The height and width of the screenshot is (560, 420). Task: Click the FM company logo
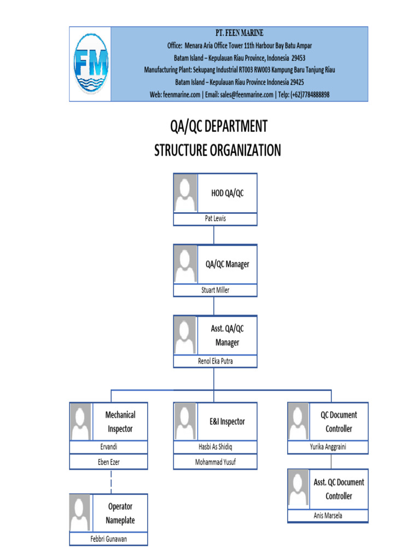coord(91,64)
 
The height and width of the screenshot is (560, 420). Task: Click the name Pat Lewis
coord(215,219)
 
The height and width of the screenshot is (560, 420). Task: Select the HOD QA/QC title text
coord(227,193)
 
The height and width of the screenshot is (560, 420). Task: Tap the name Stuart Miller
coord(215,290)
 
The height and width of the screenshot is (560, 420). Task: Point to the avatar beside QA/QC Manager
coord(185,264)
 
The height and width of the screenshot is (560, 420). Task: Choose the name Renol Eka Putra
coord(215,361)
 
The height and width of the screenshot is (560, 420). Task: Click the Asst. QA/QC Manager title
coord(227,336)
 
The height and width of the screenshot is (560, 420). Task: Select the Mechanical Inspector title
coord(120,422)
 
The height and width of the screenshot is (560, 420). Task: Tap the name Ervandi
coord(108,447)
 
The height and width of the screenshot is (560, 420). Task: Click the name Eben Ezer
coord(108,462)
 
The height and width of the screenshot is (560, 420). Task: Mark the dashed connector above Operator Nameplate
coord(111,481)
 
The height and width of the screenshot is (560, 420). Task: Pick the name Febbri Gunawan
coord(108,539)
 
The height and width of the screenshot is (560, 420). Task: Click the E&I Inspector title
coord(227,422)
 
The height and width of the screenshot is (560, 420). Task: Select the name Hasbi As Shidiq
coord(215,447)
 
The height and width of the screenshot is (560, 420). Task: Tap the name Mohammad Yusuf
coord(215,462)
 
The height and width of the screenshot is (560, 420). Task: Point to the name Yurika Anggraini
coord(328,447)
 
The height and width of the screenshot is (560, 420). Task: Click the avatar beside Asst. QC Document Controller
coord(299,489)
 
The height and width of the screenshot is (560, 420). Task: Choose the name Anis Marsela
coord(328,515)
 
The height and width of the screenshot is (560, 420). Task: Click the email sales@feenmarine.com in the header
coord(239,94)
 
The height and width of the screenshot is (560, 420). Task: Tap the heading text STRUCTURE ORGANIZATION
coord(218,150)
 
